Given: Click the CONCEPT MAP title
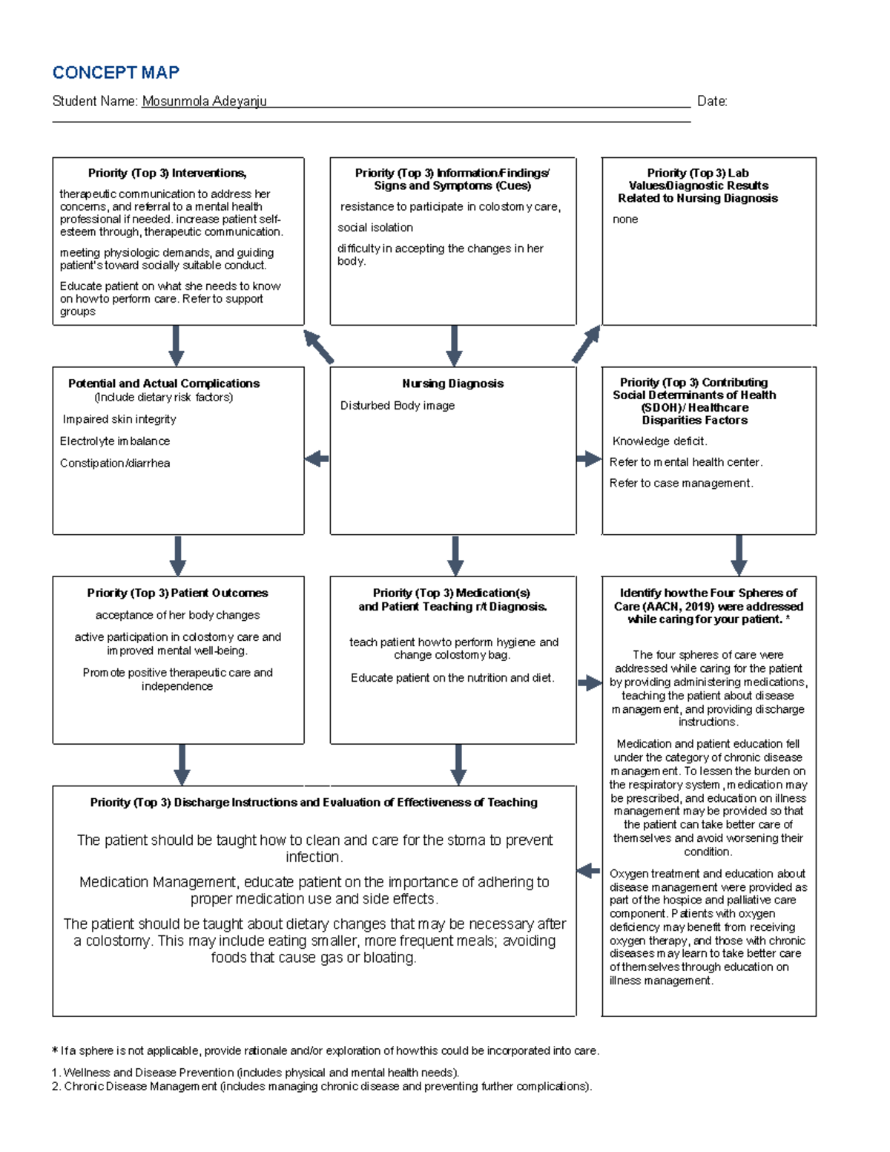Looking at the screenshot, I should pyautogui.click(x=116, y=73).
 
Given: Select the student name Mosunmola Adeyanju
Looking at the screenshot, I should pyautogui.click(x=204, y=102).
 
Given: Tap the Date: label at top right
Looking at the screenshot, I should pyautogui.click(x=712, y=102).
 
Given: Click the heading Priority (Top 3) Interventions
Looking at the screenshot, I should pyautogui.click(x=167, y=173).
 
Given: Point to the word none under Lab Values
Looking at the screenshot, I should pyautogui.click(x=625, y=220).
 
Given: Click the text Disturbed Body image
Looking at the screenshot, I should pyautogui.click(x=398, y=406).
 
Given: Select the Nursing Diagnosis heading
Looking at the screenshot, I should pyautogui.click(x=452, y=384).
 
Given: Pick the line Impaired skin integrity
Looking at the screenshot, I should pyautogui.click(x=119, y=419).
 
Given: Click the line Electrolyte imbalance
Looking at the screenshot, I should pyautogui.click(x=115, y=441).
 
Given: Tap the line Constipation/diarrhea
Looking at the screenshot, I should pyautogui.click(x=115, y=464).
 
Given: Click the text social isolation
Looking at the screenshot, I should pyautogui.click(x=375, y=228).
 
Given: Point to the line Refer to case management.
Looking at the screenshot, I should pyautogui.click(x=681, y=484).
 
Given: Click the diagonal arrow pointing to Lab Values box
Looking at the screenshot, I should pyautogui.click(x=586, y=344).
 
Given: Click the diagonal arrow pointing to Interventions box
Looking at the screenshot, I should pyautogui.click(x=319, y=346).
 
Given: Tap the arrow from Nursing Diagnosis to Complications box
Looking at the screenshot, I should pyautogui.click(x=317, y=459).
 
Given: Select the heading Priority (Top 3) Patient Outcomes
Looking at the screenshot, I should pyautogui.click(x=177, y=593).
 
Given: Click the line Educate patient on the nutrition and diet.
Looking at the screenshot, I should pyautogui.click(x=452, y=678).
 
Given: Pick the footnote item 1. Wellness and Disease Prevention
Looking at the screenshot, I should pyautogui.click(x=256, y=1073).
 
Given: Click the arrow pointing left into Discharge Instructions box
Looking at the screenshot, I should pyautogui.click(x=588, y=870).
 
